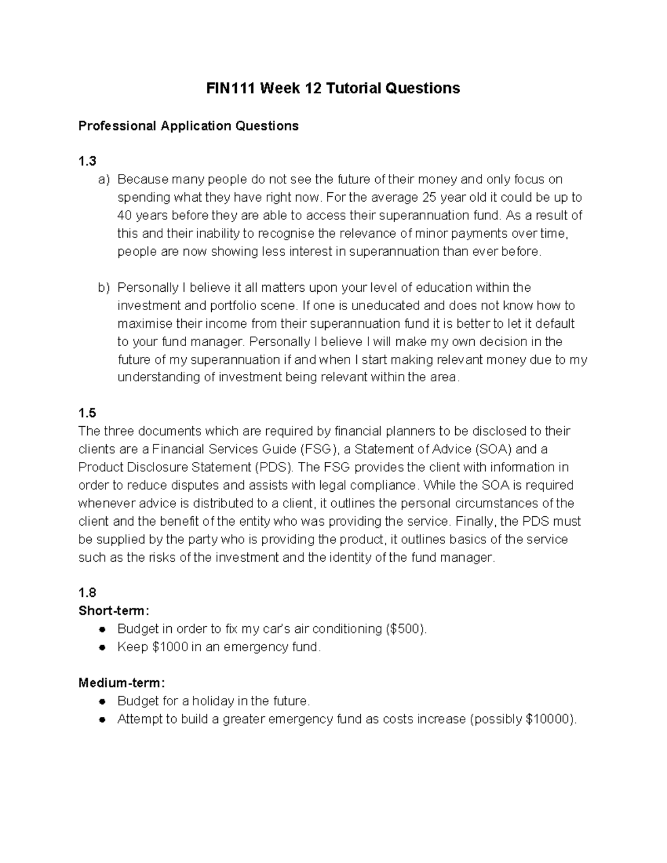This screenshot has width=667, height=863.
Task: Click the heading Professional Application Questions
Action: tap(188, 126)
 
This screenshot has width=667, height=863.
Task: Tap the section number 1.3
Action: tap(87, 161)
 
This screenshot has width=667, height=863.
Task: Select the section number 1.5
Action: tap(87, 413)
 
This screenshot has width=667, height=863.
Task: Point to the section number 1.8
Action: tap(87, 593)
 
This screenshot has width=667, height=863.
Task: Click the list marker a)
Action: tap(104, 179)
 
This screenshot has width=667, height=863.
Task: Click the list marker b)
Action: tap(104, 288)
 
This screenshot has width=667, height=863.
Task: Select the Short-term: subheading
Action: tap(114, 611)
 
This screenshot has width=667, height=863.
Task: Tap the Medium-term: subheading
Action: tap(122, 683)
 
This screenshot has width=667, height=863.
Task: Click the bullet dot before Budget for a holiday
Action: tap(102, 701)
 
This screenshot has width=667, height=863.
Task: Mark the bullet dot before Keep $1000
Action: tap(102, 647)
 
